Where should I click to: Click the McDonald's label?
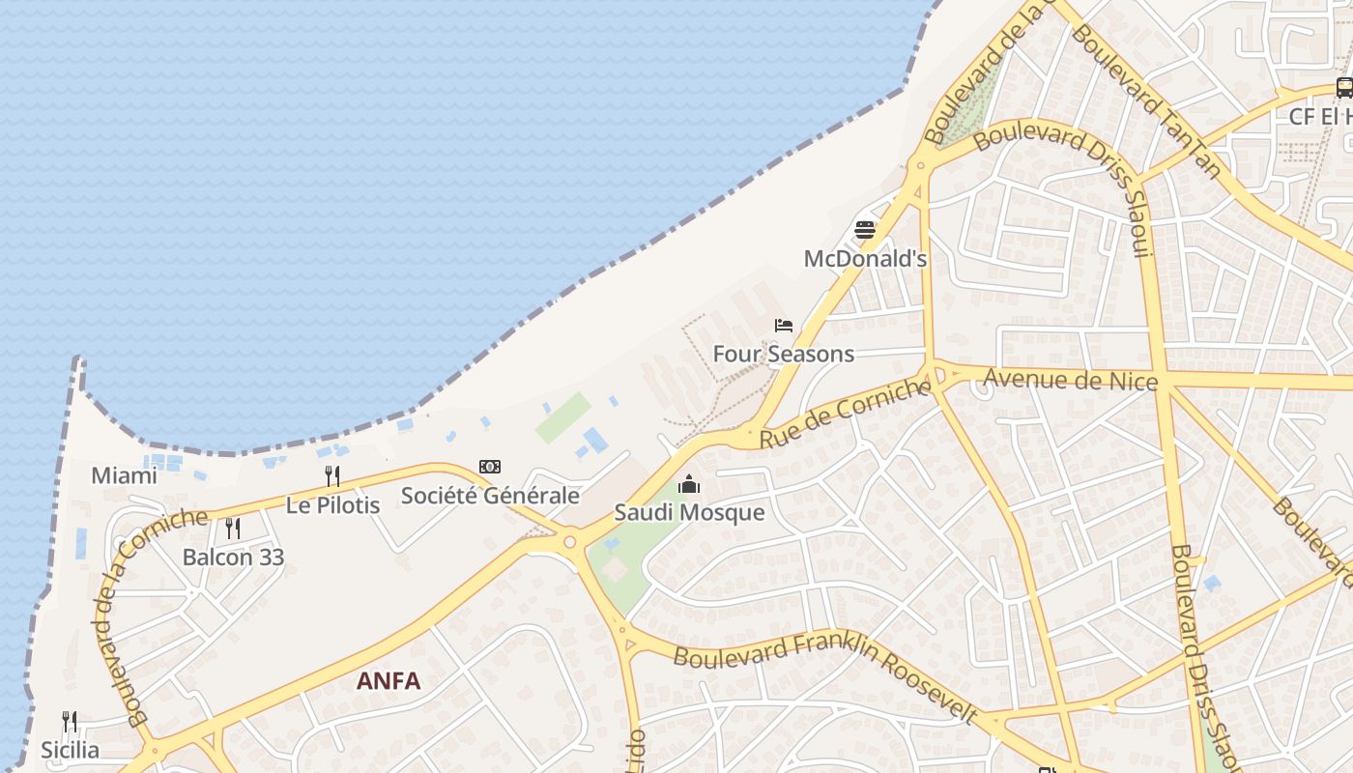pos(865,259)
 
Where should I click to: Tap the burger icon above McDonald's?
pos(865,230)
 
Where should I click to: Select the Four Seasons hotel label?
pos(784,354)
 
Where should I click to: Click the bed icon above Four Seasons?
pos(784,326)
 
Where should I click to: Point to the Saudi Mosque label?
pos(689,512)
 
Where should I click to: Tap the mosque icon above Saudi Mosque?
pos(689,484)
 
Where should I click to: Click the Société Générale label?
pos(490,496)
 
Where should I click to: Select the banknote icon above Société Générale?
pos(490,467)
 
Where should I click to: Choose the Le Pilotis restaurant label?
pos(332,504)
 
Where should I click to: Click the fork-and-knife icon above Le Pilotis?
pos(332,475)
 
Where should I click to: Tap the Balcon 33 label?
pos(233,558)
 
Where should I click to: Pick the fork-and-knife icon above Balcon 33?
pos(233,529)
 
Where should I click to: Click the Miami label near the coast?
pos(124,475)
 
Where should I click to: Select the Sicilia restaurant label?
pos(70,750)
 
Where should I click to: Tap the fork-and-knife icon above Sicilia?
pos(70,722)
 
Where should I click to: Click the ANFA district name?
pos(389,681)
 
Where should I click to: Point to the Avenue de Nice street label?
pos(1070,380)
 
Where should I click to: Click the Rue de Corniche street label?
pos(846,414)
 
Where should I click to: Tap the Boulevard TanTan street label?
pos(1145,101)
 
